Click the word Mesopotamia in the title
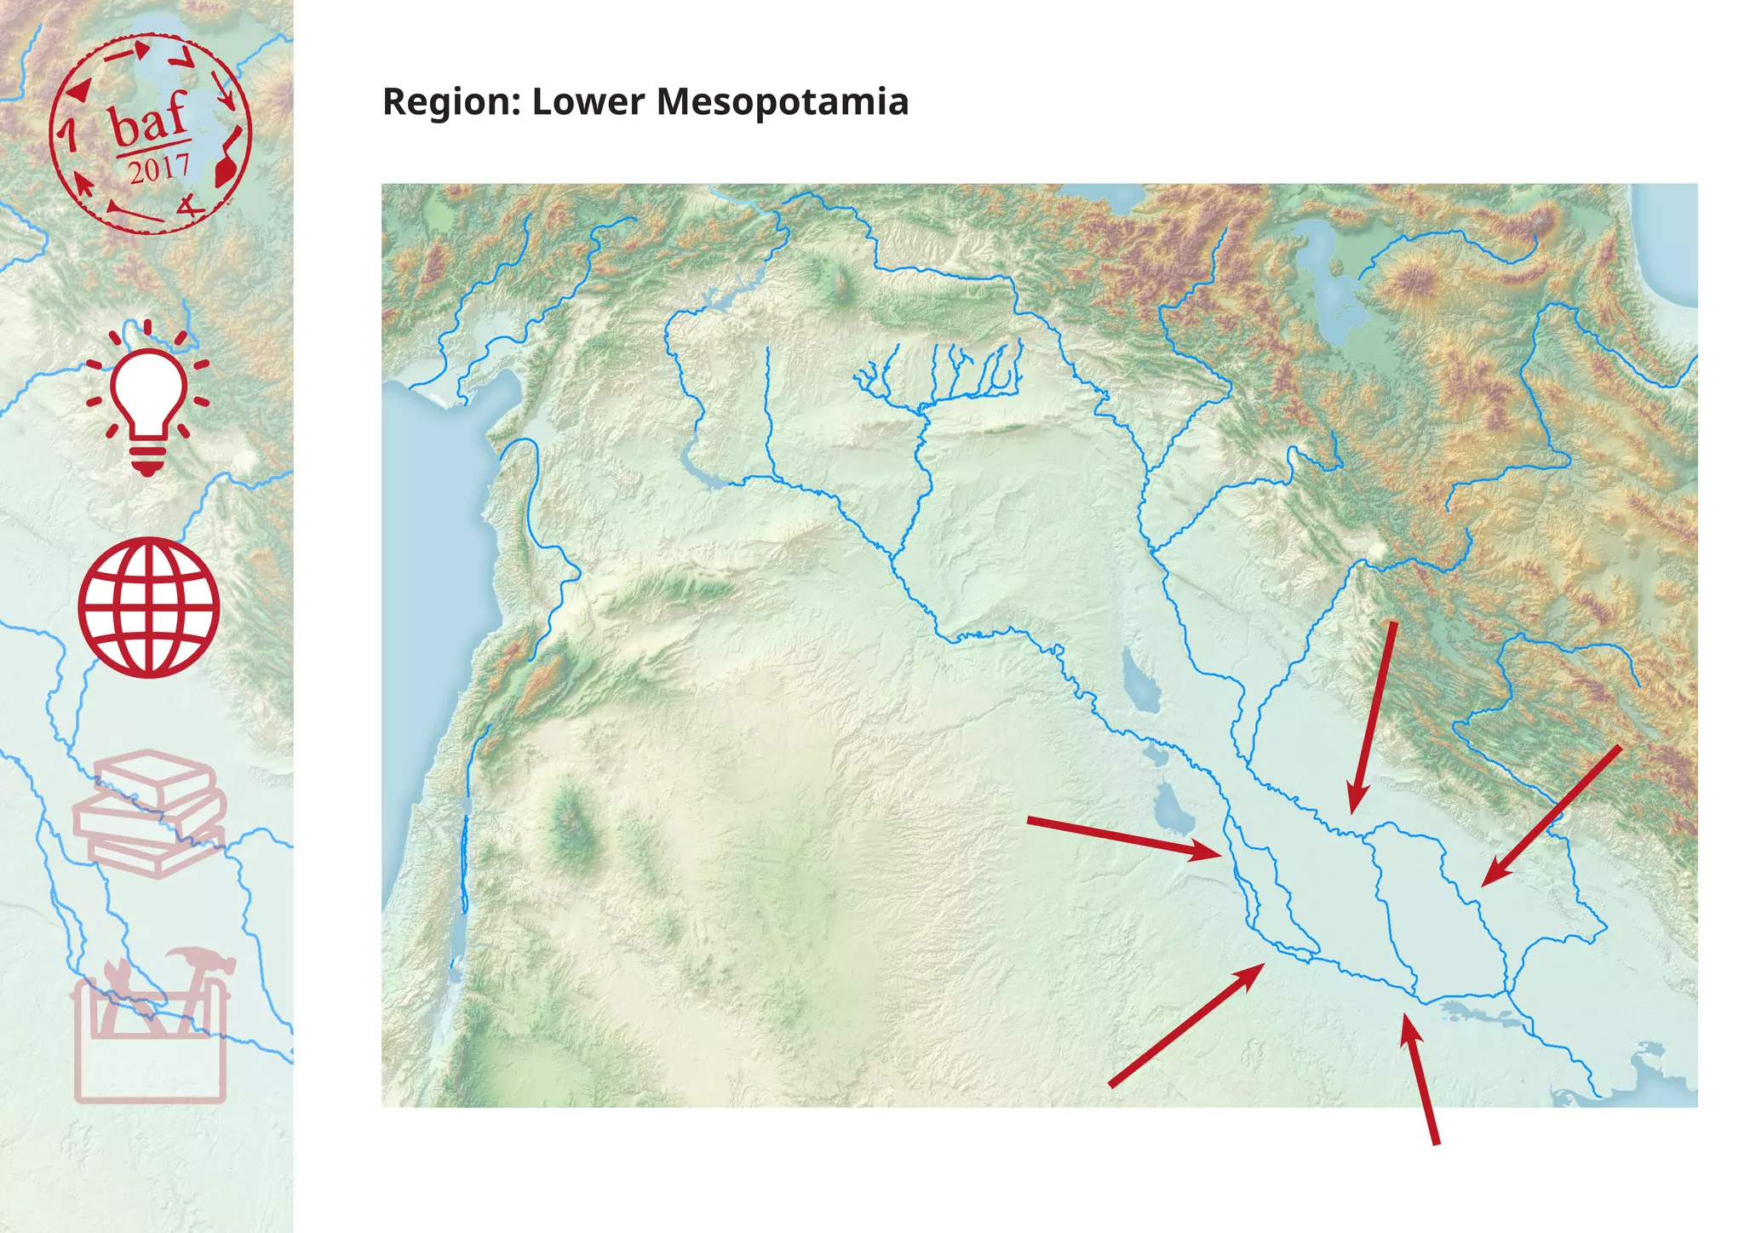[x=782, y=102]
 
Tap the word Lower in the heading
[x=588, y=102]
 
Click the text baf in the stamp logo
[x=149, y=121]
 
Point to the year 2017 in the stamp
[x=158, y=169]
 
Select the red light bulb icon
[x=147, y=400]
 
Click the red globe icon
[x=149, y=607]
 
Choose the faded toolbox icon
[x=151, y=1035]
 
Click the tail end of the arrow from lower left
[x=1110, y=1085]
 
